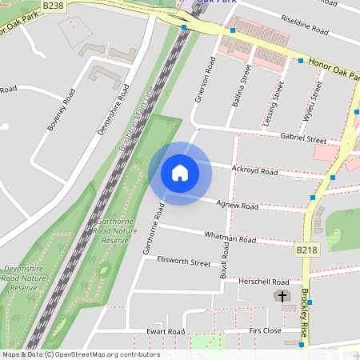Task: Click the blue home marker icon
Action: point(179,173)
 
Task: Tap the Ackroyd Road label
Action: point(254,171)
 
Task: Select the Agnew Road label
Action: point(238,206)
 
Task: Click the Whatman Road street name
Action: point(230,239)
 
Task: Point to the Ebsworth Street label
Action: point(183,262)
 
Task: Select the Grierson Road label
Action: point(206,80)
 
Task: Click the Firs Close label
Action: point(265,330)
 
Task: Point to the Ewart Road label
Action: point(166,331)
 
